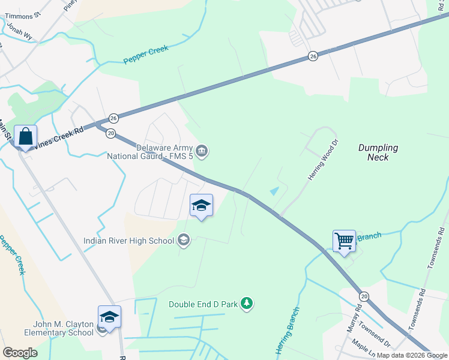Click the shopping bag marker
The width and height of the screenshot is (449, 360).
(26, 137)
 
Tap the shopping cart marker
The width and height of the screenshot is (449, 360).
(344, 241)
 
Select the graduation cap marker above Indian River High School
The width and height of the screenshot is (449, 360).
(201, 206)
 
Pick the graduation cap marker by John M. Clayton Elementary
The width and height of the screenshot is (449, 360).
(109, 317)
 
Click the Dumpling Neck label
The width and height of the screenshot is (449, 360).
(378, 152)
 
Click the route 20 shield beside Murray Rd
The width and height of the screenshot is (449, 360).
(364, 296)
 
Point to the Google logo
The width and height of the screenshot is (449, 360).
(20, 353)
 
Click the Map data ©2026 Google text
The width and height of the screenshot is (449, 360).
(412, 355)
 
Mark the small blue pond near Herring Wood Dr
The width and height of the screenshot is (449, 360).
(274, 191)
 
